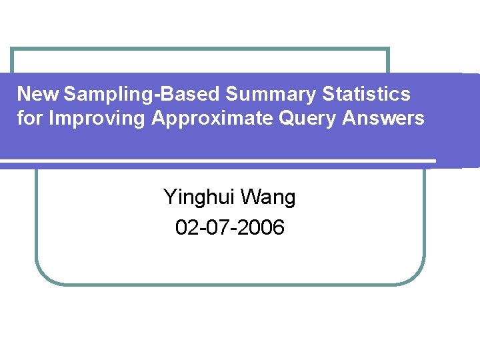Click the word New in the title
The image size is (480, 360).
[39, 94]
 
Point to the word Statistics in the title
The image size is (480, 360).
[367, 94]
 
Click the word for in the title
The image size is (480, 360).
[31, 118]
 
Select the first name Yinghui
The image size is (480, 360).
[199, 197]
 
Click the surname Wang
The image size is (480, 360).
[268, 197]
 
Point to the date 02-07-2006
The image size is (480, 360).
[229, 227]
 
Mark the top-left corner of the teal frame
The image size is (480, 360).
[12, 49]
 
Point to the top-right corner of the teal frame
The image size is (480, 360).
[388, 49]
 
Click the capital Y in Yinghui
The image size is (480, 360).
[170, 197]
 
